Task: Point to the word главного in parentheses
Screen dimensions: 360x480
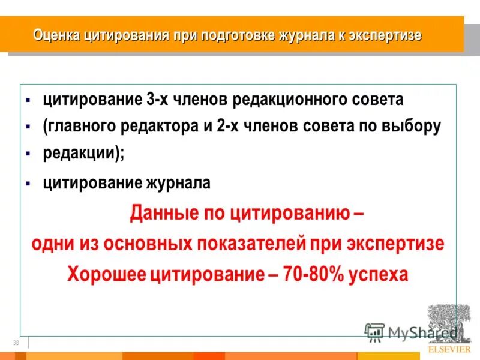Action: [78, 127]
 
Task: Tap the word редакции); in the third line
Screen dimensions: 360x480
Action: [83, 153]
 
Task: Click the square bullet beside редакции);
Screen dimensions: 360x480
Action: [28, 154]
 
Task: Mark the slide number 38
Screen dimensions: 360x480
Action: [15, 343]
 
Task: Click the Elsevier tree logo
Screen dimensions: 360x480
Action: [449, 323]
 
